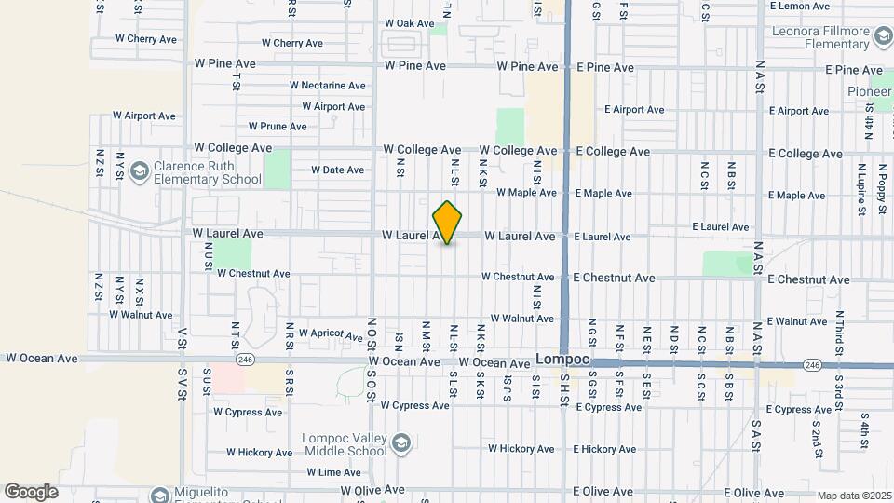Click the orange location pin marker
tap(448, 223)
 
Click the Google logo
tap(32, 491)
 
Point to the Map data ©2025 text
tap(854, 496)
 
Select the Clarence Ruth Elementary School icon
tap(139, 170)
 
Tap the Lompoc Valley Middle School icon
tap(401, 442)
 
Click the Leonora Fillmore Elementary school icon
tap(883, 36)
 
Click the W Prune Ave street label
tap(278, 127)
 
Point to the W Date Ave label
tap(337, 170)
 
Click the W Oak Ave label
tap(410, 24)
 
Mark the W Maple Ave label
tap(526, 194)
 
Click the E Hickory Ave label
tap(605, 450)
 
